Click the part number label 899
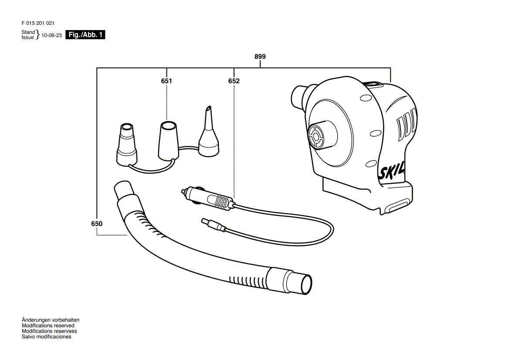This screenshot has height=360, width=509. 260,57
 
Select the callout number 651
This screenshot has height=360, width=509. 166,81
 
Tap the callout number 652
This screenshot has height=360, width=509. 234,81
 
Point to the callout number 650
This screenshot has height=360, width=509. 97,224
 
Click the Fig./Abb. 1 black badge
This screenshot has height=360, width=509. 85,35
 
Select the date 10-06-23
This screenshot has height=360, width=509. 51,35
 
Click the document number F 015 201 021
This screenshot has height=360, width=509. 38,23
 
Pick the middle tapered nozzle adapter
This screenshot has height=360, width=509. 169,141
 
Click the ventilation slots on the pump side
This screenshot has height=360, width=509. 406,124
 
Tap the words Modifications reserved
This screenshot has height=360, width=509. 48,326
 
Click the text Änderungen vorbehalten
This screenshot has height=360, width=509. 51,320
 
